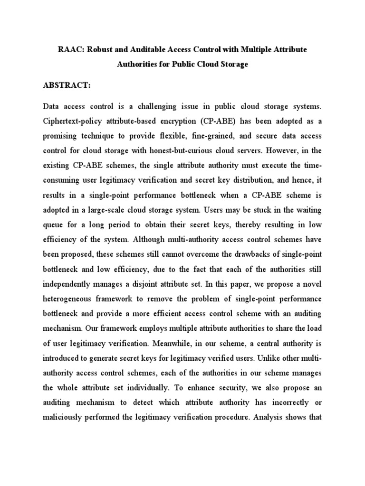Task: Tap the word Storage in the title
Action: [x=233, y=64]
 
